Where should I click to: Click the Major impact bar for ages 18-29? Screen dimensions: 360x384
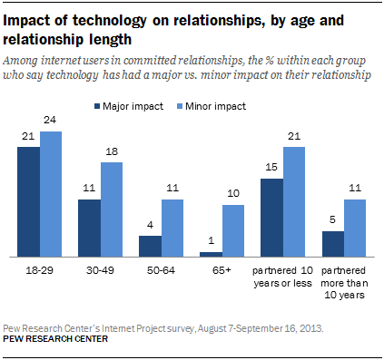click(x=28, y=200)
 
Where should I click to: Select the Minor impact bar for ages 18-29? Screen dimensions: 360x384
click(x=51, y=194)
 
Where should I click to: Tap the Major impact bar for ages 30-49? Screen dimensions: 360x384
click(x=89, y=227)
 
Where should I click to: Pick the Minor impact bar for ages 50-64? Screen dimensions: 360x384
click(x=172, y=227)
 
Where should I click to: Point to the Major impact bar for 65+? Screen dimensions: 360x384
click(x=210, y=254)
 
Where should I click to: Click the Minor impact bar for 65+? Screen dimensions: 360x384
click(x=233, y=230)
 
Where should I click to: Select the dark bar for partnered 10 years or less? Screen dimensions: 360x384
click(x=271, y=217)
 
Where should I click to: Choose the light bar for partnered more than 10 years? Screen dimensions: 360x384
click(x=356, y=227)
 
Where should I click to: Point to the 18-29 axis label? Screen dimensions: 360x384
click(x=40, y=270)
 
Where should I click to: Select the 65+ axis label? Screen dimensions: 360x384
click(x=222, y=270)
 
